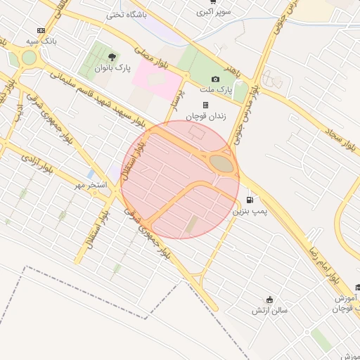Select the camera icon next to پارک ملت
[x=215, y=79]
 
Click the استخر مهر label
[x=91, y=186]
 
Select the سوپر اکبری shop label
[x=211, y=12]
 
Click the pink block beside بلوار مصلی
[x=156, y=79]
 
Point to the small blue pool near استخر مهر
[x=90, y=173]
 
